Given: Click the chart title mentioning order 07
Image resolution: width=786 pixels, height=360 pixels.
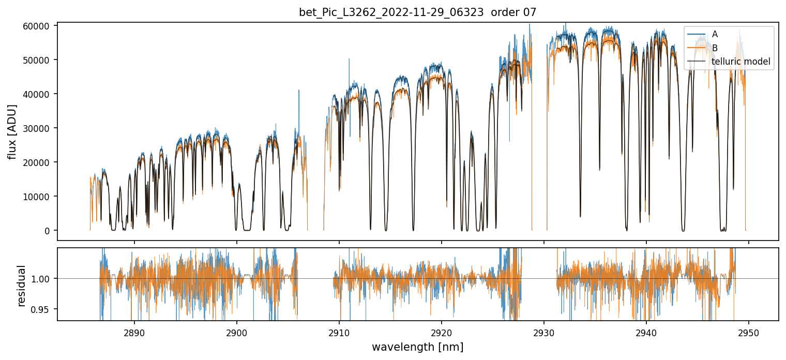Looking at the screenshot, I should [418, 12].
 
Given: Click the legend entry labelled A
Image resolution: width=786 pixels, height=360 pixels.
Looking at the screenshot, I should [715, 34].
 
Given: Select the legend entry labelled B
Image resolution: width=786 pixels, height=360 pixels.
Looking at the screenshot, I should [715, 48].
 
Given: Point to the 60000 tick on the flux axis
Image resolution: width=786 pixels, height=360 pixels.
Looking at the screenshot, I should [39, 26].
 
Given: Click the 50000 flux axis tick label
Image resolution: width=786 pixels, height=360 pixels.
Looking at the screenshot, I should [39, 60].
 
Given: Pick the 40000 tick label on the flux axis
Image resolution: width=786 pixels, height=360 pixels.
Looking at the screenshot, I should [39, 94].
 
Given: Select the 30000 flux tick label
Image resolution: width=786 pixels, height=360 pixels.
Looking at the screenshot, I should [39, 128].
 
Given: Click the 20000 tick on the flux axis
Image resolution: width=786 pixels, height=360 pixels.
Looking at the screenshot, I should [39, 162].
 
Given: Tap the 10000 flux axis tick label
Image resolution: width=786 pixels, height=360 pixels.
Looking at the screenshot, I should [39, 197].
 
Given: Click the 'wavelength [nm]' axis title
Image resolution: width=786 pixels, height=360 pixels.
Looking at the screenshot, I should [418, 347].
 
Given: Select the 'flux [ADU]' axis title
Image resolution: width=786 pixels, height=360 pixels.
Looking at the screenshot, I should [12, 131].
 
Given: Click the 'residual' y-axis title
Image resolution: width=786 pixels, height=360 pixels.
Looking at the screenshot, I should [22, 285].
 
